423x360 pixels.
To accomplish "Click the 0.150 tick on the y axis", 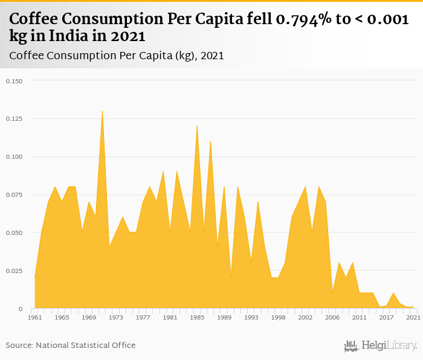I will [13, 81].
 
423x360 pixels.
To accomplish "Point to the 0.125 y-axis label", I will [13, 119].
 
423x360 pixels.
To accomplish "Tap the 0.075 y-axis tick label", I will [13, 195].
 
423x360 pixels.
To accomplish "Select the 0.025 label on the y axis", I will [13, 271].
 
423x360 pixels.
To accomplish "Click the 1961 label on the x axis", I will [35, 317].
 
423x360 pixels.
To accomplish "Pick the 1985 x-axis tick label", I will [197, 317].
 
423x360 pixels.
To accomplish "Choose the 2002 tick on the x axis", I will [305, 317].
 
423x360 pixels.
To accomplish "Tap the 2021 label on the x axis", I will [413, 317].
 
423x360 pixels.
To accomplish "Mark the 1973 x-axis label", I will [116, 317].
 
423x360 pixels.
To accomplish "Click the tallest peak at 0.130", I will [103, 111].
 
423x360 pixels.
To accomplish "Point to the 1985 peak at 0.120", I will [197, 126].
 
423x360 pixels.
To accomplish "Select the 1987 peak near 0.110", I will [210, 141].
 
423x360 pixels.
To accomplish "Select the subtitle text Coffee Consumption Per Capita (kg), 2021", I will [117, 56].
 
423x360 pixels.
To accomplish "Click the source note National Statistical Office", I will [85, 345].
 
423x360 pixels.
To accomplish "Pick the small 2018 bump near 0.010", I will [393, 294].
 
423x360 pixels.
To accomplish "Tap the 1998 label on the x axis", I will [278, 317].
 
